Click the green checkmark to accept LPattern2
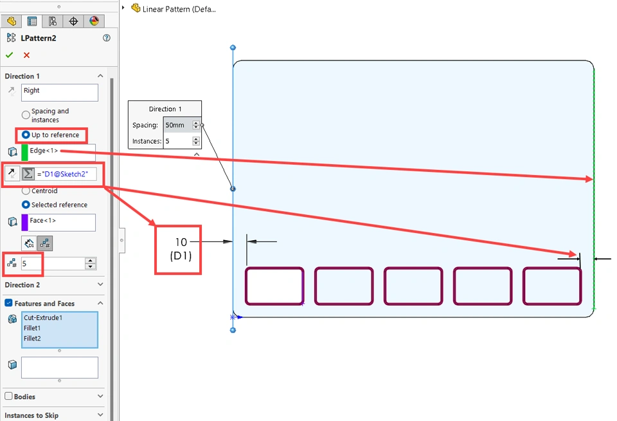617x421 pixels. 9,55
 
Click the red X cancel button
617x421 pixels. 26,55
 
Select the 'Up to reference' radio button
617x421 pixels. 26,135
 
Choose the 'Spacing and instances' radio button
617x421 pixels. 26,115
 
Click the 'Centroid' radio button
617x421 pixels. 26,191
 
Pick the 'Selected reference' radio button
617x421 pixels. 26,205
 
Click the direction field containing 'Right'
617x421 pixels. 59,92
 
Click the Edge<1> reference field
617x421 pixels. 62,152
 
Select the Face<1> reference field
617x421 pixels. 62,222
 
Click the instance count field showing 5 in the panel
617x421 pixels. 51,263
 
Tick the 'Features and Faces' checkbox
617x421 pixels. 8,303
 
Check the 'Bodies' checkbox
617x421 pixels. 8,397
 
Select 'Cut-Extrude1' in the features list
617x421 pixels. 43,317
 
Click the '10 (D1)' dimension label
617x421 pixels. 181,248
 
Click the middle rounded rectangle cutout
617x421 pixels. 413,286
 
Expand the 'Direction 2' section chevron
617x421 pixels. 100,285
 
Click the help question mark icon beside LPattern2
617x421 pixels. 107,38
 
